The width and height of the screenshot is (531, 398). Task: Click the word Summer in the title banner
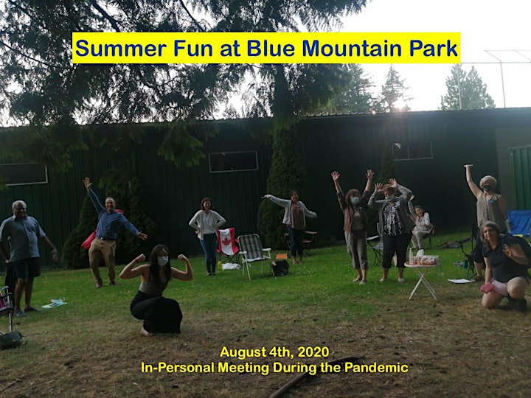121,49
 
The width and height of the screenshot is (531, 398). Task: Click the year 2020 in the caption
313,352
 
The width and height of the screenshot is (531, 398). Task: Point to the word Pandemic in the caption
376,368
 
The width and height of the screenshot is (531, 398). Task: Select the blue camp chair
519,223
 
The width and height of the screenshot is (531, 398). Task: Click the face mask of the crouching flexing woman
162,261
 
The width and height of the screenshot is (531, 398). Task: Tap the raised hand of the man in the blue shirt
87,183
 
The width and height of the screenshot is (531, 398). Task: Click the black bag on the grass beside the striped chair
280,268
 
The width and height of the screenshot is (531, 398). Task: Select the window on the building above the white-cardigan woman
233,161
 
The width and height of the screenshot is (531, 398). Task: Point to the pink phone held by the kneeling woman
488,287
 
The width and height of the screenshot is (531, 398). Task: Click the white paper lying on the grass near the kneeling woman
459,281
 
